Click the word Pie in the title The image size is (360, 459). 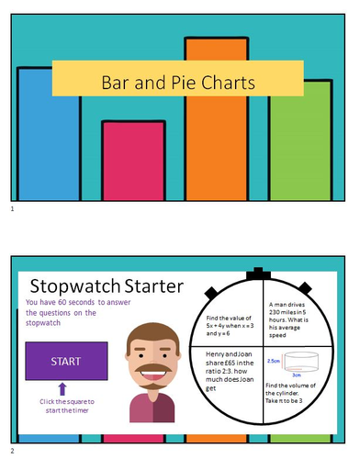point(180,83)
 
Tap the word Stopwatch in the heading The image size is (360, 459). point(81,286)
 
